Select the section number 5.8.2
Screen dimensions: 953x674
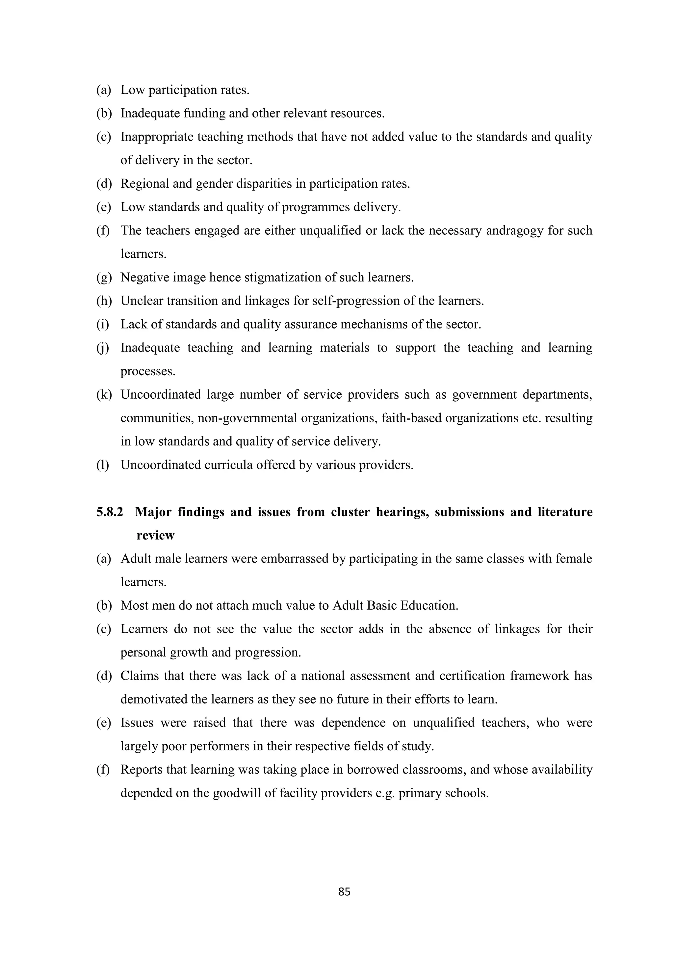tap(110, 512)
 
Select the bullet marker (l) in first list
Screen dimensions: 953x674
tap(103, 465)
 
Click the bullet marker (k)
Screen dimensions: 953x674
tap(104, 394)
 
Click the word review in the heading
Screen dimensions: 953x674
tap(155, 536)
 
